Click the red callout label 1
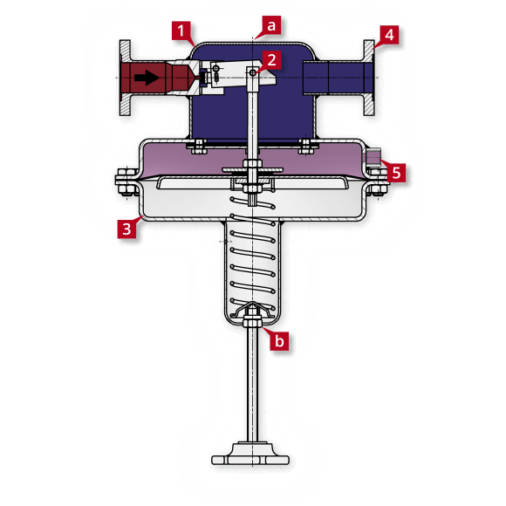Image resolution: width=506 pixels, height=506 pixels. tap(182, 33)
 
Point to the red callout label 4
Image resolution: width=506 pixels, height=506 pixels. tap(388, 36)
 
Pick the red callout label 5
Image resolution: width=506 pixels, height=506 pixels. tap(396, 172)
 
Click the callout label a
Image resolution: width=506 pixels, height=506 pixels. tap(271, 26)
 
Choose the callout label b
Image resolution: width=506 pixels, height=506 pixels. tap(278, 341)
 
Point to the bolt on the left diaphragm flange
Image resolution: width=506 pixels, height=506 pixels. tap(123, 184)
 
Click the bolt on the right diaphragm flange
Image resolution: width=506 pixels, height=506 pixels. tap(377, 185)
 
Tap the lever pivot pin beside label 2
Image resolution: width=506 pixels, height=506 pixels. tap(253, 74)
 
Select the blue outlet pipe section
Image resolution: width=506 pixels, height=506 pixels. tap(327, 78)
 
